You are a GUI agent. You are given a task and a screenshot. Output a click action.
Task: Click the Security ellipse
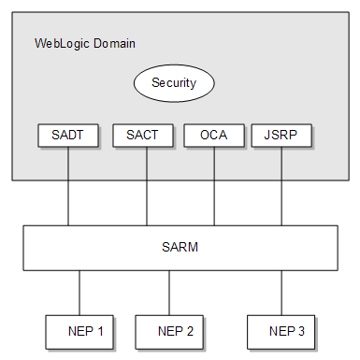point(174,83)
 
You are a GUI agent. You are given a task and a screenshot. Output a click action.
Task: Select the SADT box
point(67,135)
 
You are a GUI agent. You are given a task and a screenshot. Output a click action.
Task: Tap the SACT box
point(142,135)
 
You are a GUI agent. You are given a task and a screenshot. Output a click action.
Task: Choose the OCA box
point(214,135)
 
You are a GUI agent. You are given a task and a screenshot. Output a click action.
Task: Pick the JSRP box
point(281,135)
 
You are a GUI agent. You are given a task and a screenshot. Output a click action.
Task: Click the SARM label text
point(180,248)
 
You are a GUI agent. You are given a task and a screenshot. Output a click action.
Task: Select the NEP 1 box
point(85,330)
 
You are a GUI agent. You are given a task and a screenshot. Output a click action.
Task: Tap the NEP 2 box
point(176,330)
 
